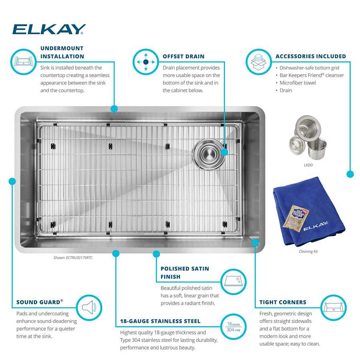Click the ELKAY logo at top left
(49, 29)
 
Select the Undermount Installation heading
(62, 52)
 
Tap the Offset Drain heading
(183, 56)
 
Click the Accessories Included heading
(310, 56)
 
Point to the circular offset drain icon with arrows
(146, 62)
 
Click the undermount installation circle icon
(23, 62)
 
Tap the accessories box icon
(258, 62)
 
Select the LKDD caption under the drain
(308, 164)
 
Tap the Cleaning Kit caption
(308, 252)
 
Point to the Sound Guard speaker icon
(89, 308)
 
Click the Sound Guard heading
(40, 302)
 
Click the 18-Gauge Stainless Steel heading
(160, 321)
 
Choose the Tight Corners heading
(282, 302)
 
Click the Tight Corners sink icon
(333, 308)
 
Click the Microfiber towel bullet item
(298, 83)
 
